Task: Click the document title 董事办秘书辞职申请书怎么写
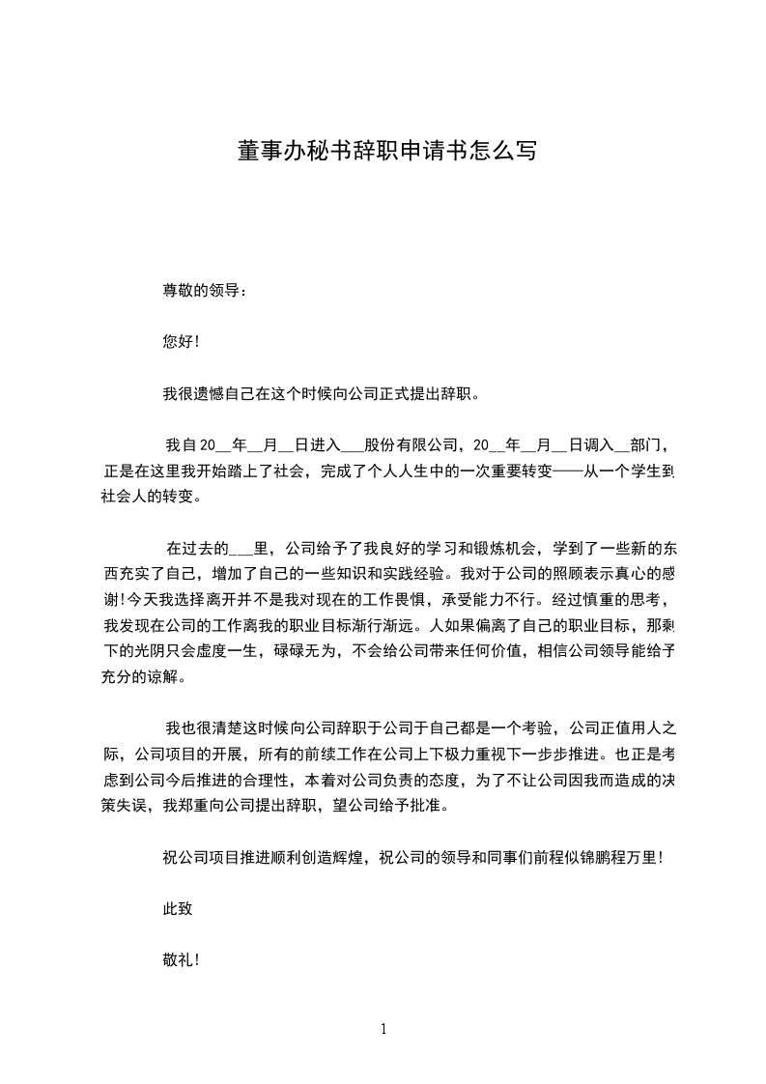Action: (x=385, y=152)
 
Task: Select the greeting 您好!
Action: (x=181, y=342)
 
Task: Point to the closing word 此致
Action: (x=179, y=909)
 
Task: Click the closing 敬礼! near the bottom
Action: (x=181, y=961)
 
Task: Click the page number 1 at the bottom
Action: (x=383, y=1029)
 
